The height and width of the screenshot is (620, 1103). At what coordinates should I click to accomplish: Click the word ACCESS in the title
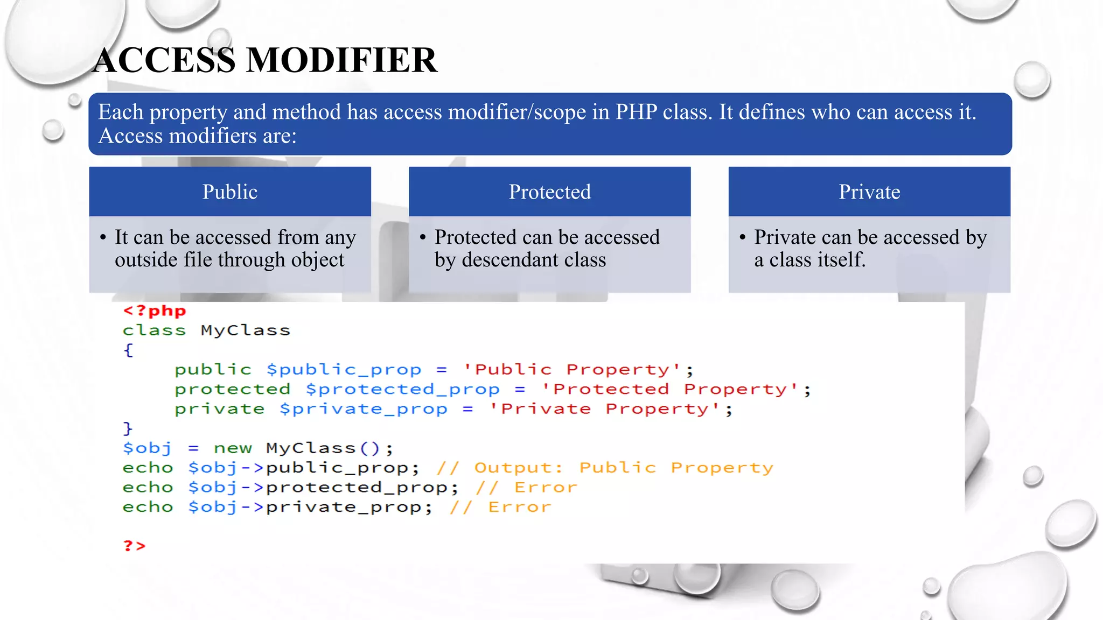[165, 60]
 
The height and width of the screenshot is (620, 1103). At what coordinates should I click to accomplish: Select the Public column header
[230, 192]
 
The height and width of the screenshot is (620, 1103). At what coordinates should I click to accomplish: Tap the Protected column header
[549, 192]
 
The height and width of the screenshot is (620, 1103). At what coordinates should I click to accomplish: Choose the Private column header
[869, 192]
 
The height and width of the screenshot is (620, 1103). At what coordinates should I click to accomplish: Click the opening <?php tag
[155, 311]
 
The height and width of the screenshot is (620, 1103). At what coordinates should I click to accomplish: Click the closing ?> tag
[134, 546]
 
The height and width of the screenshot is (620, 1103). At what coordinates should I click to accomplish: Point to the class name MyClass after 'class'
[246, 330]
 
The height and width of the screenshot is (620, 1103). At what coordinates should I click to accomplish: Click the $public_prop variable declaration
[344, 370]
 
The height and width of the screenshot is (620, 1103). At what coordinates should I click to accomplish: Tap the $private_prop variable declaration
[364, 409]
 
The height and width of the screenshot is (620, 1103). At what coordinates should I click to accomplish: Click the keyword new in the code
[233, 448]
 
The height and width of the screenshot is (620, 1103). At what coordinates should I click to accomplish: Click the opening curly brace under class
[128, 350]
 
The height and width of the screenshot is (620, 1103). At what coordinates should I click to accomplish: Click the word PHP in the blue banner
[636, 112]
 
